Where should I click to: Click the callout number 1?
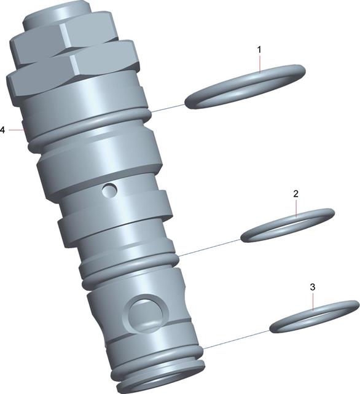(x=259, y=50)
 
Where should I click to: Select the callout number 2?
(x=295, y=194)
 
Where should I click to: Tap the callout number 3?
(x=313, y=287)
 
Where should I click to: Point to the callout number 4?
(x=2, y=130)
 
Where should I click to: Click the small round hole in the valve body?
(x=109, y=190)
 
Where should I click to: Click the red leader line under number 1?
(x=260, y=63)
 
